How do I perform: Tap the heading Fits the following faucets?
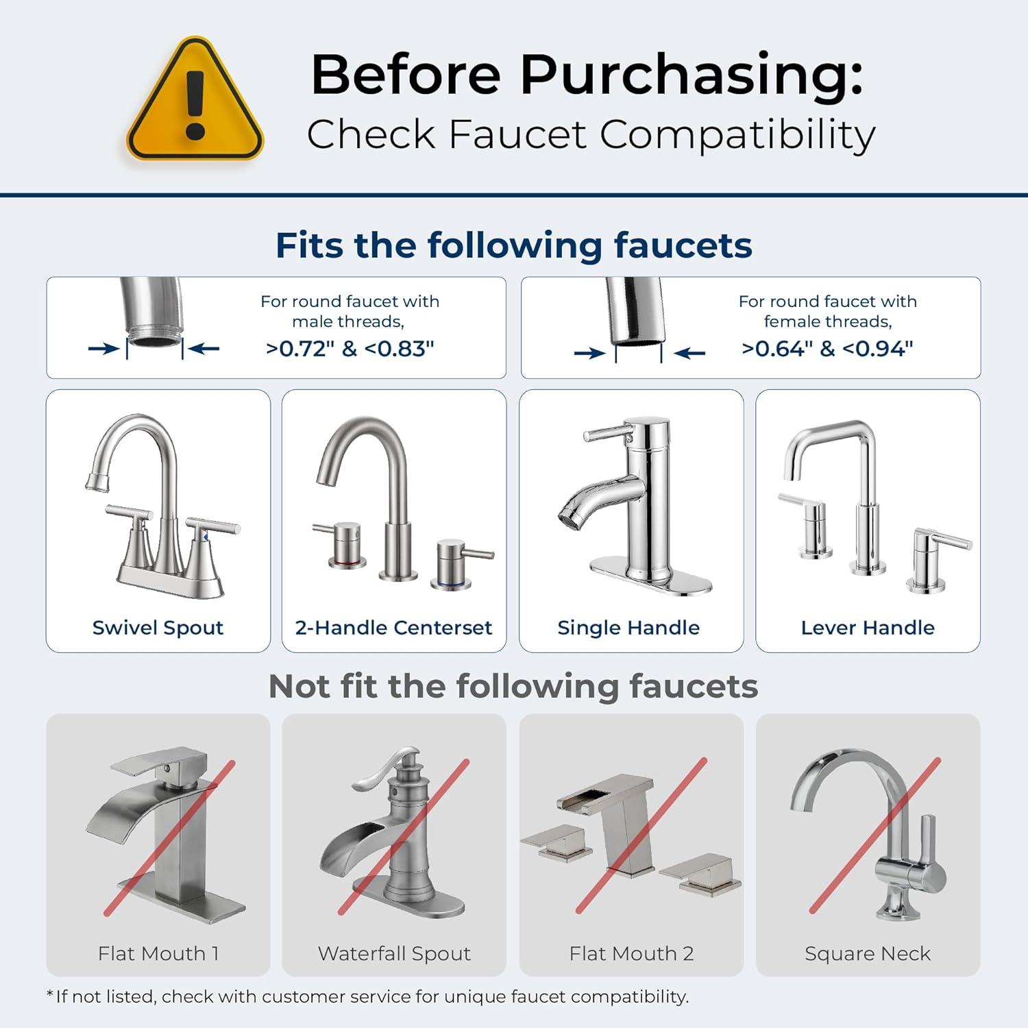coord(513,245)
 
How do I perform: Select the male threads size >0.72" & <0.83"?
coord(350,349)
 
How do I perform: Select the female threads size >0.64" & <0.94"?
coord(827,349)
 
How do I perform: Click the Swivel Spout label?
coord(158,628)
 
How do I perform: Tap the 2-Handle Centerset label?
coord(393,628)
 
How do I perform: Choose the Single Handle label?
coord(628,628)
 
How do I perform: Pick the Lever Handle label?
coord(868,628)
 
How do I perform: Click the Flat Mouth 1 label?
coord(158,953)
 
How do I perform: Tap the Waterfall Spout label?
coord(394,953)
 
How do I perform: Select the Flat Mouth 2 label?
coord(631,953)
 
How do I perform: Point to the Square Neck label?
coord(868,953)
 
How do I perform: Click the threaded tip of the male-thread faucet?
coord(154,339)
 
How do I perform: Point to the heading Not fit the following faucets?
coord(513,686)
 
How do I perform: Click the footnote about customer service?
coord(367,996)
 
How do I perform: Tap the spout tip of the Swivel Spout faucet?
coord(97,481)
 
